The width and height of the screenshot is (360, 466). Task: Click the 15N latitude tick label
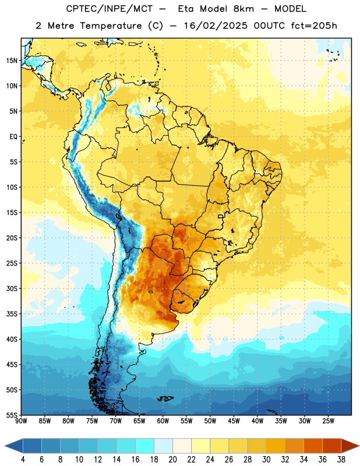[12, 61]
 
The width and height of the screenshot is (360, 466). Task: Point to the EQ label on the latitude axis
[13, 137]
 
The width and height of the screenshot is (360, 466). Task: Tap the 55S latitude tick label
[12, 415]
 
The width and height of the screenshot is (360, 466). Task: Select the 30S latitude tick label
[12, 288]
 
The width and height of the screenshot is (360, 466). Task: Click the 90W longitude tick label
[22, 421]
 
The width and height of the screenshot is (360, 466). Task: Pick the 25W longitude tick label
[328, 421]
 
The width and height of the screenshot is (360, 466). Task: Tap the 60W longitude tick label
[163, 421]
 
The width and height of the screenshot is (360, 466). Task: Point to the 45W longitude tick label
[234, 421]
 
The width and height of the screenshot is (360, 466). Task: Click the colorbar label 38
[341, 460]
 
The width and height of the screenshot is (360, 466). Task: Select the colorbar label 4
[23, 460]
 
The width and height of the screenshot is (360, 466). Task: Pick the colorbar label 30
[266, 460]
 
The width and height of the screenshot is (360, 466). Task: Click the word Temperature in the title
[111, 26]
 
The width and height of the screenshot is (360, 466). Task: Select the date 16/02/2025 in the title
[216, 26]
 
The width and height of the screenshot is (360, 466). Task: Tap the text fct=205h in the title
[314, 26]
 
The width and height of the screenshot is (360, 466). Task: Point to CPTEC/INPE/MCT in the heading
[109, 9]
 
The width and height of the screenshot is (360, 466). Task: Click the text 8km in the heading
[243, 9]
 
